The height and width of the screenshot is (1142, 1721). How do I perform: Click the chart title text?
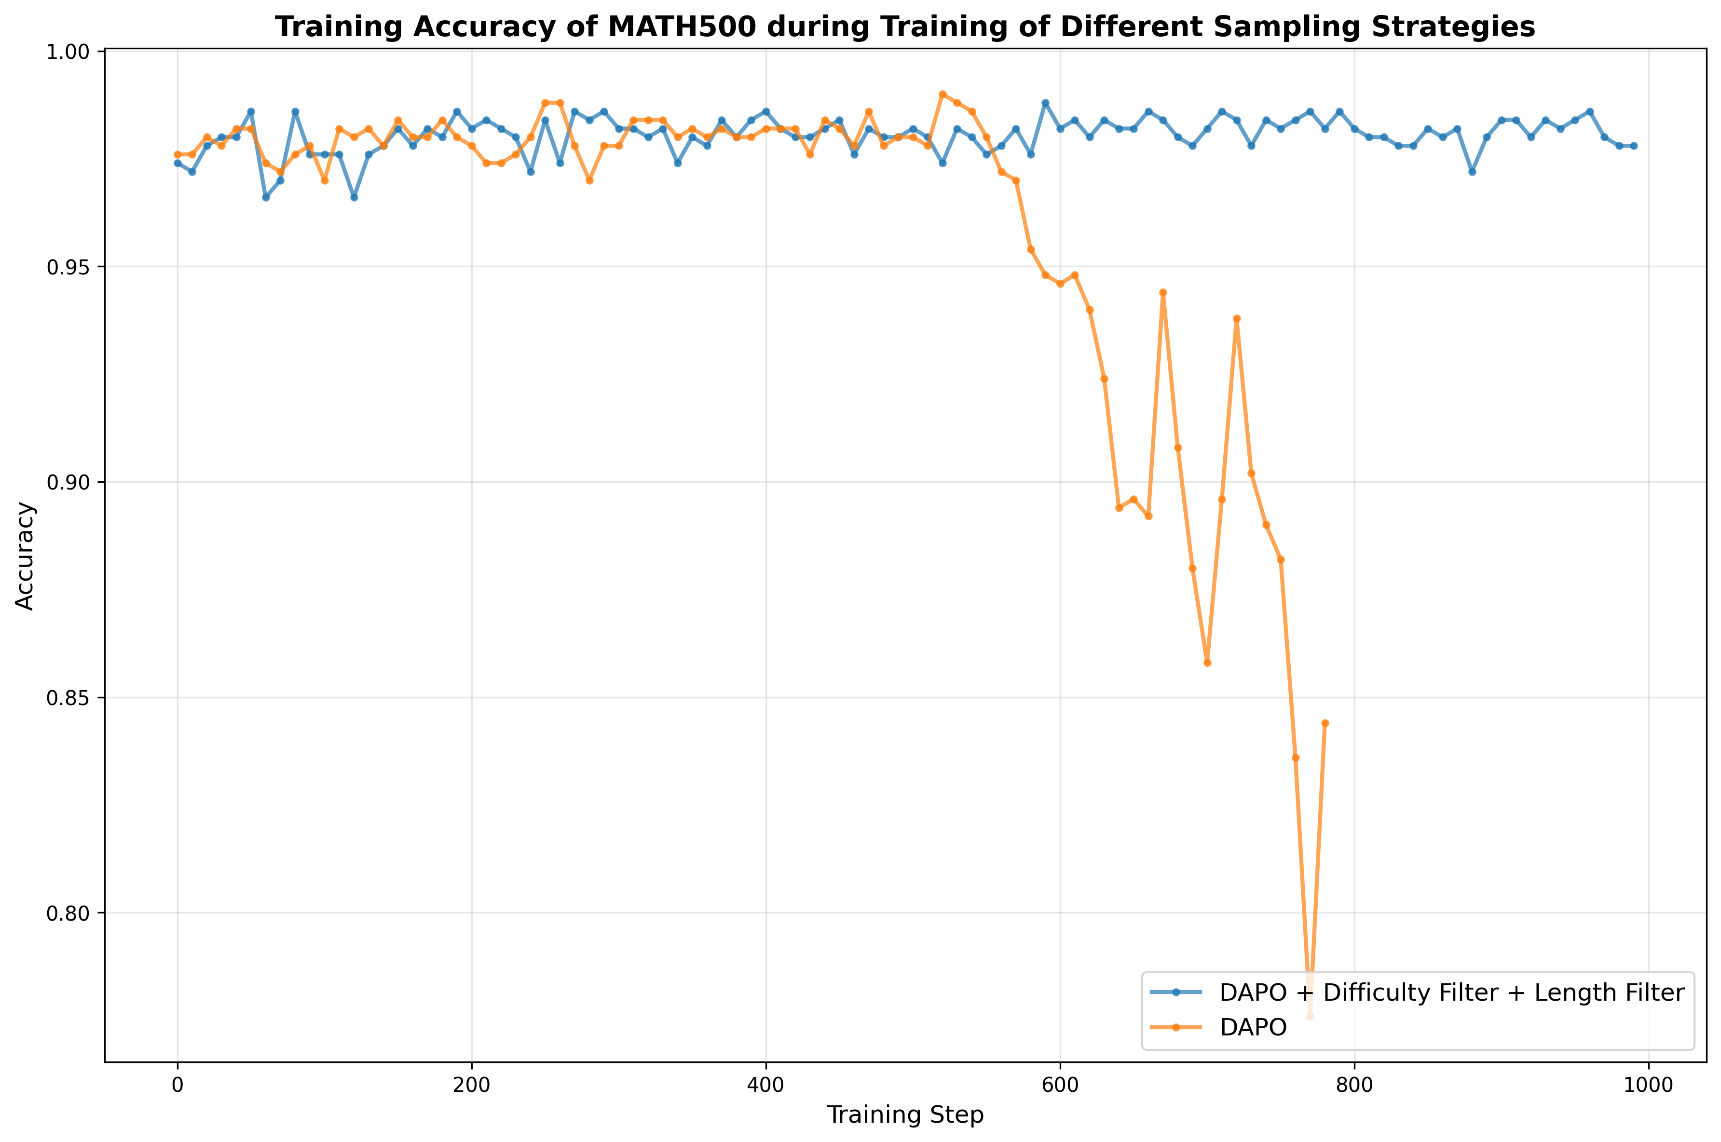tap(904, 27)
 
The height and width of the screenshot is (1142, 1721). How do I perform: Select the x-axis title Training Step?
tap(904, 1115)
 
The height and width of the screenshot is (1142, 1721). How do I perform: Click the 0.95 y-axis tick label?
tap(68, 267)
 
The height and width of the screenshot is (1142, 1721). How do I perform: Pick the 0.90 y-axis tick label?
tap(68, 482)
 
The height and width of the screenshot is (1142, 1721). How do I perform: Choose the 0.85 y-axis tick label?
tap(68, 698)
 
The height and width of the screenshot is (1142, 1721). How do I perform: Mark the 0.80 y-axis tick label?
tap(68, 913)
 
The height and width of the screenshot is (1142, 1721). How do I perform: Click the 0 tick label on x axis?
tap(177, 1085)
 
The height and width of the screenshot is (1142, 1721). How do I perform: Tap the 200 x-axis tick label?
tap(471, 1085)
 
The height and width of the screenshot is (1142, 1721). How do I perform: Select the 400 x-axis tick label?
tap(765, 1085)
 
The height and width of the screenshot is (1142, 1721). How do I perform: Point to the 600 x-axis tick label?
tap(1060, 1085)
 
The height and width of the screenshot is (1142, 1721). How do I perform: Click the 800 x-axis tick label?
tap(1354, 1085)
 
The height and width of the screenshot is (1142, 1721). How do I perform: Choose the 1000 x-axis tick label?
tap(1648, 1085)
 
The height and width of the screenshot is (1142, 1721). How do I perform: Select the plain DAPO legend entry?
tap(1253, 1027)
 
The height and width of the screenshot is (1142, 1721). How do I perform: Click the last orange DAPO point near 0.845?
tap(1325, 723)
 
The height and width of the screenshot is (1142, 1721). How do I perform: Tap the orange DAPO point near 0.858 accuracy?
tap(1207, 663)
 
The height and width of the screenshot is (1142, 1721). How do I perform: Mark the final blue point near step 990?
tap(1634, 146)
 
